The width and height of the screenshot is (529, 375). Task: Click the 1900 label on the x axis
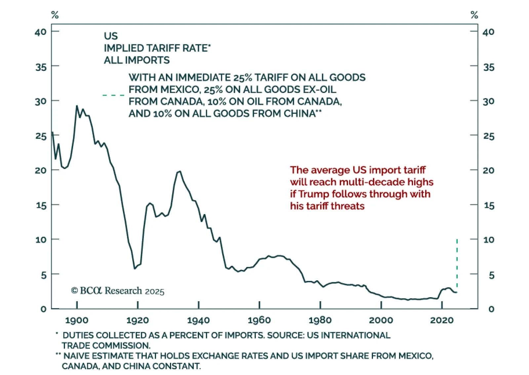[77, 320]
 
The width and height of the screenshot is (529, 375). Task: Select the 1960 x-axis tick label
[259, 320]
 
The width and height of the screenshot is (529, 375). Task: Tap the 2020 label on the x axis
[442, 320]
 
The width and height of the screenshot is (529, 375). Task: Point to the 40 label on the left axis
[41, 32]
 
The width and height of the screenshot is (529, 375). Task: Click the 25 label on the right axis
[488, 136]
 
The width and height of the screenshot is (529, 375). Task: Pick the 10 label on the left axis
[41, 240]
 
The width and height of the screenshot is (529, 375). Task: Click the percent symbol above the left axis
[55, 15]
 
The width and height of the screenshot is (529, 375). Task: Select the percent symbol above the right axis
[474, 15]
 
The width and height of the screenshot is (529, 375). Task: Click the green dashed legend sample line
[113, 95]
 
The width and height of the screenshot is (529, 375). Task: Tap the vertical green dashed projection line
[457, 263]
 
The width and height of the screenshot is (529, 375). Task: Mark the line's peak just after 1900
[77, 106]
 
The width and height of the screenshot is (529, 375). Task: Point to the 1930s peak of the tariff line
[180, 171]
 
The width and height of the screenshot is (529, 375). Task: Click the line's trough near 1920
[135, 268]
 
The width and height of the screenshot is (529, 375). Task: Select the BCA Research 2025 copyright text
[118, 291]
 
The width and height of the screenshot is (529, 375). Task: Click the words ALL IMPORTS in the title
[137, 60]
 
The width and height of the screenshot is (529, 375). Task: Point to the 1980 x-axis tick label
[320, 320]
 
